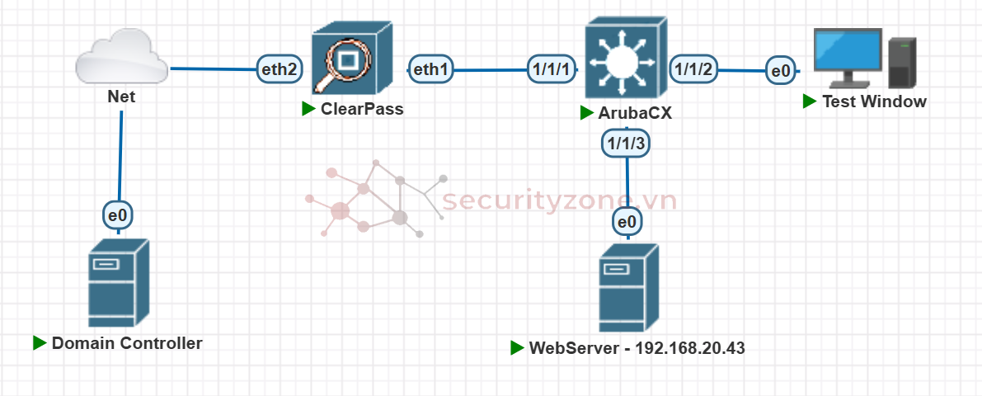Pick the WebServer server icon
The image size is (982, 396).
[628, 288]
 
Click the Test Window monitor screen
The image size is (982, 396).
[847, 52]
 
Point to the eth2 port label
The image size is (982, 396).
[279, 69]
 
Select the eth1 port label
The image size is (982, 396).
[430, 70]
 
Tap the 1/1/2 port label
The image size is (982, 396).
[694, 69]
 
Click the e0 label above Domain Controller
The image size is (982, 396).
[118, 215]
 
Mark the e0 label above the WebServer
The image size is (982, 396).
[627, 221]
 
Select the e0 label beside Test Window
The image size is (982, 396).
[779, 71]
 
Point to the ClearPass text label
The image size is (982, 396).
[363, 108]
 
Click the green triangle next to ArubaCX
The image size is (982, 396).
[586, 113]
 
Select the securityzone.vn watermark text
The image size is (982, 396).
[560, 200]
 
